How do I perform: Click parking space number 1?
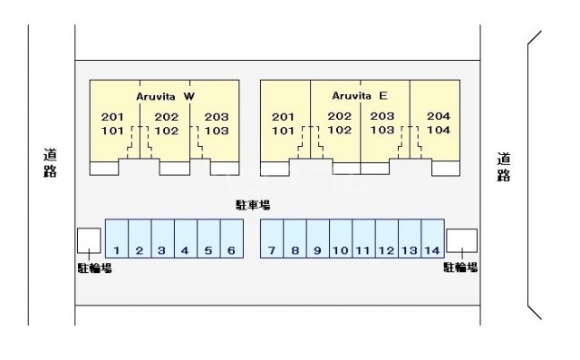(x=117, y=238)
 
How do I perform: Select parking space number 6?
(x=232, y=238)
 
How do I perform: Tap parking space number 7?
(x=272, y=238)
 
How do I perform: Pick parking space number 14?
(x=433, y=238)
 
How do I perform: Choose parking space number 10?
(x=341, y=238)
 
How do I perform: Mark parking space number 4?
(x=186, y=238)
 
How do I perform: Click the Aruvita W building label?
(x=165, y=96)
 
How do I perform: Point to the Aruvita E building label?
(x=360, y=96)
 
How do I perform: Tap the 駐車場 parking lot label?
(x=253, y=205)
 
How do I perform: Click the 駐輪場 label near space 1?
(x=94, y=268)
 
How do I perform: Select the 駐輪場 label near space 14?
(x=460, y=268)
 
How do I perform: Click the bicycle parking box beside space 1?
(x=89, y=240)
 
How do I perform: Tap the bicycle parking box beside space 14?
(x=461, y=240)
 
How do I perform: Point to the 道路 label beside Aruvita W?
(x=51, y=163)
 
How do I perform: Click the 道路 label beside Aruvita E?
(x=504, y=167)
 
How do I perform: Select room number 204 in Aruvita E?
(x=439, y=116)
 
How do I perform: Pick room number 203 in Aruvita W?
(x=217, y=117)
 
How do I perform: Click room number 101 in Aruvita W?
(x=112, y=131)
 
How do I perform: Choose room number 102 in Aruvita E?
(x=340, y=130)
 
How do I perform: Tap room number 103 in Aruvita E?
(x=382, y=130)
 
